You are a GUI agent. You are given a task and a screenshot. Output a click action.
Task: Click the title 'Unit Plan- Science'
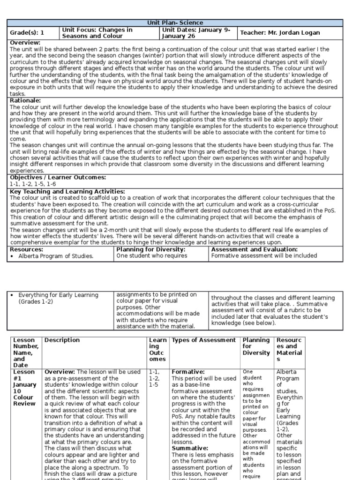pyautogui.click(x=176, y=22)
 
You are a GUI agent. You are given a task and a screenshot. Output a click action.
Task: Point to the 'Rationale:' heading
pyautogui.click(x=25, y=100)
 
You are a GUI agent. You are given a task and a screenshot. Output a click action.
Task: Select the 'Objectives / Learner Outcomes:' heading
pyautogui.click(x=58, y=178)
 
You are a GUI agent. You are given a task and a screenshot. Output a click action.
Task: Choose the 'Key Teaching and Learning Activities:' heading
pyautogui.click(x=67, y=191)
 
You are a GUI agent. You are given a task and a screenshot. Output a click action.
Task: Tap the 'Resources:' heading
pyautogui.click(x=26, y=250)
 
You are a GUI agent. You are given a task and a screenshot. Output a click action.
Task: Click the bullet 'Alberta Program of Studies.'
pyautogui.click(x=56, y=256)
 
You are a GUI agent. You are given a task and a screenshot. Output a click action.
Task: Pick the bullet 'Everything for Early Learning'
pyautogui.click(x=58, y=295)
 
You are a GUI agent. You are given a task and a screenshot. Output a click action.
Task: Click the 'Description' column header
pyautogui.click(x=62, y=340)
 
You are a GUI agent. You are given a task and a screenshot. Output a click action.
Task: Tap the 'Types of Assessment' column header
pyautogui.click(x=204, y=340)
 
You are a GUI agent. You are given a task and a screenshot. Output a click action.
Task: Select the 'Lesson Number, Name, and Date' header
pyautogui.click(x=24, y=352)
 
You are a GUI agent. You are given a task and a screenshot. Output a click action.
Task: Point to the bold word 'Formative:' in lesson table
pyautogui.click(x=188, y=372)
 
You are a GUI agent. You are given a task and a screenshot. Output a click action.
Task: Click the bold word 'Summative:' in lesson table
pyautogui.click(x=190, y=448)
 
